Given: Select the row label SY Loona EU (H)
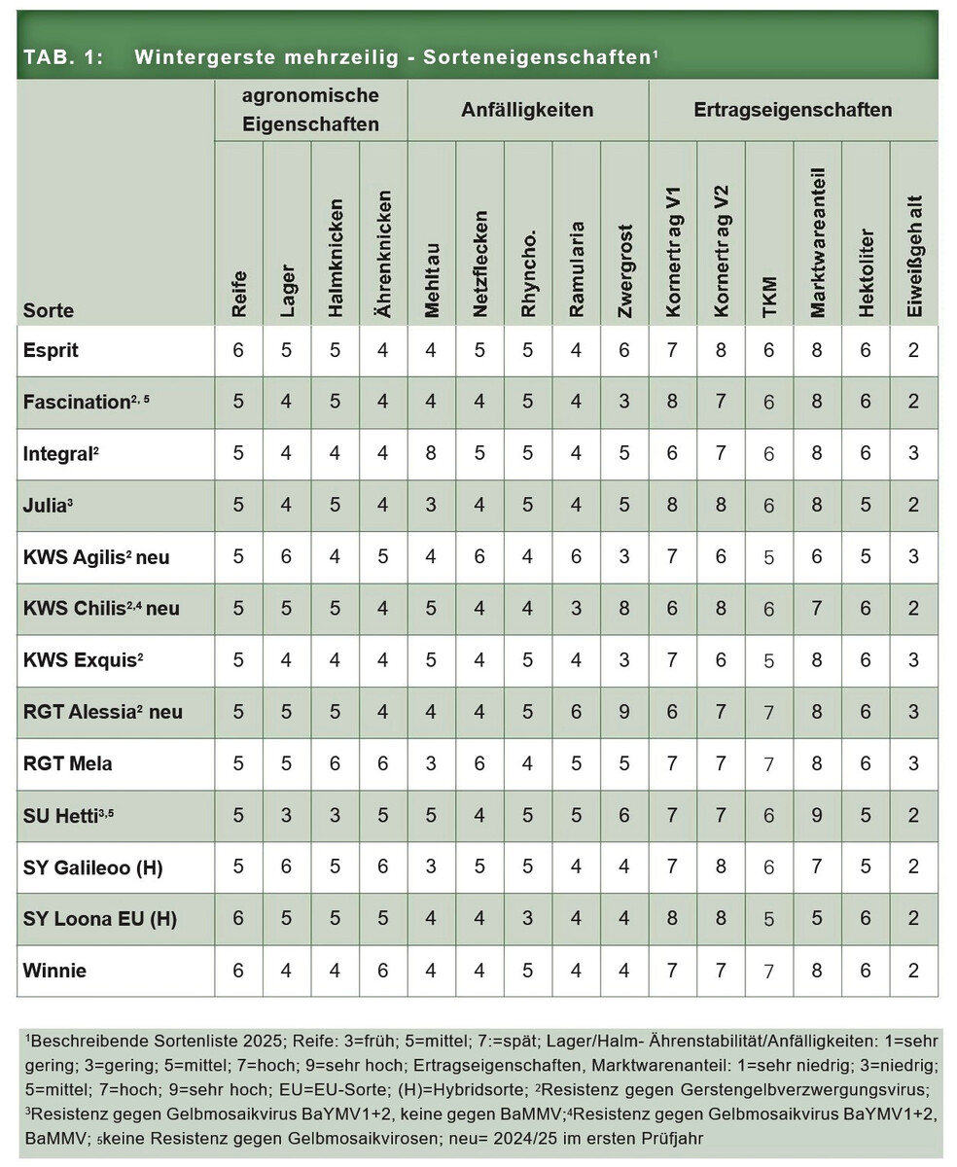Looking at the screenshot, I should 99,919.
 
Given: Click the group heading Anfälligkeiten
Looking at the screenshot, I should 527,110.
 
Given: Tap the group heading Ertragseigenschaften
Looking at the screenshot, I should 793,110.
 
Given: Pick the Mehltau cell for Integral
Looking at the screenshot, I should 432,453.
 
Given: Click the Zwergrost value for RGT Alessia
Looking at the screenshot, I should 624,712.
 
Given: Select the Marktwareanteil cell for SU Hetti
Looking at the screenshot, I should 817,815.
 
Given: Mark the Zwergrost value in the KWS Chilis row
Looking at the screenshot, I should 624,609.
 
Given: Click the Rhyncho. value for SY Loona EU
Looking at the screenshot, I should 528,919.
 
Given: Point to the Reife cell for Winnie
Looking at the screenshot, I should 238,971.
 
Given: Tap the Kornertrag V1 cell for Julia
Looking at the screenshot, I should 672,505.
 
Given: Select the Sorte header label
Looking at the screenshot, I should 49,311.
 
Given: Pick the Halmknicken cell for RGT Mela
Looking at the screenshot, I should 335,763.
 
